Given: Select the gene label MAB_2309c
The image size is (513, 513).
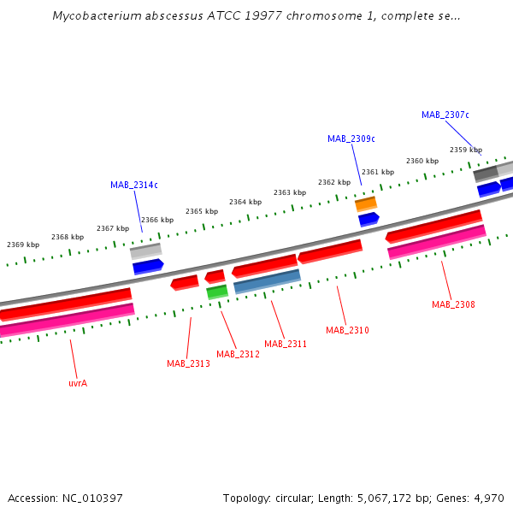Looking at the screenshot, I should [351, 139].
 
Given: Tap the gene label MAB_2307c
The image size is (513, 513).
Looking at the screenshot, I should [445, 115].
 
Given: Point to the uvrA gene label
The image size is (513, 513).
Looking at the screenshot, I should [78, 383].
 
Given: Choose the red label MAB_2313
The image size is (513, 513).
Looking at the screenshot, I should [188, 364].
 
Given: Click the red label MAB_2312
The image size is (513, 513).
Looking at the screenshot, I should [238, 354].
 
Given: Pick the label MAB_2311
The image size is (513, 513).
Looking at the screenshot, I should [286, 344].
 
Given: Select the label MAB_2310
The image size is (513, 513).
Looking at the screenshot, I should [347, 330].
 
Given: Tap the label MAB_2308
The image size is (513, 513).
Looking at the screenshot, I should [453, 304].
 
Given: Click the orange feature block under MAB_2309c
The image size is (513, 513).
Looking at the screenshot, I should [366, 203].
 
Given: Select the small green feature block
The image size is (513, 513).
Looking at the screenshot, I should [217, 292].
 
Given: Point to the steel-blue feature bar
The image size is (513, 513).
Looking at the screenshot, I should [267, 281].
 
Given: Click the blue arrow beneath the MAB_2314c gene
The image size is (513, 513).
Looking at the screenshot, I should [148, 267].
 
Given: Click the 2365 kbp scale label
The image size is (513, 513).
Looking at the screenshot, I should [202, 211].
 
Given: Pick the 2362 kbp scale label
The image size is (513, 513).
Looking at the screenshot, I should [334, 182].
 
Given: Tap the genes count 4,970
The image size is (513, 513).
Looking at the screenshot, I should [487, 498].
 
